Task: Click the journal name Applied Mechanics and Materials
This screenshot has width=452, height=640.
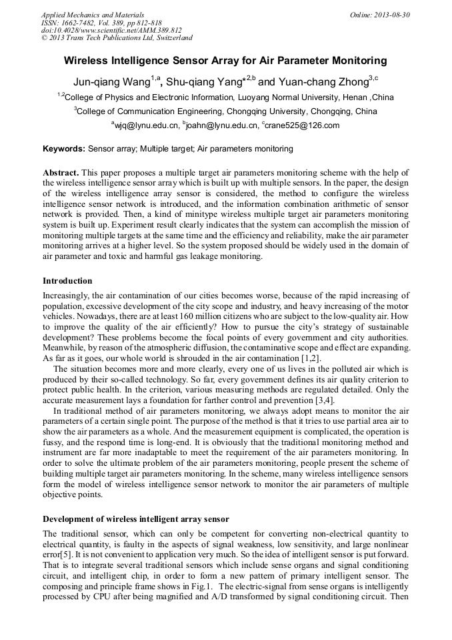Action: click(92, 14)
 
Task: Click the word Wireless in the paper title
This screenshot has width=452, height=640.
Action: click(86, 61)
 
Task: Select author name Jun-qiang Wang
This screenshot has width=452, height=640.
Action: click(111, 81)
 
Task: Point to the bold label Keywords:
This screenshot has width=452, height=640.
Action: click(64, 149)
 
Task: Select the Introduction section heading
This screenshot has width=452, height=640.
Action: click(67, 281)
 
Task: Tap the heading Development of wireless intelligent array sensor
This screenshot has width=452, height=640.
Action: click(136, 519)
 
